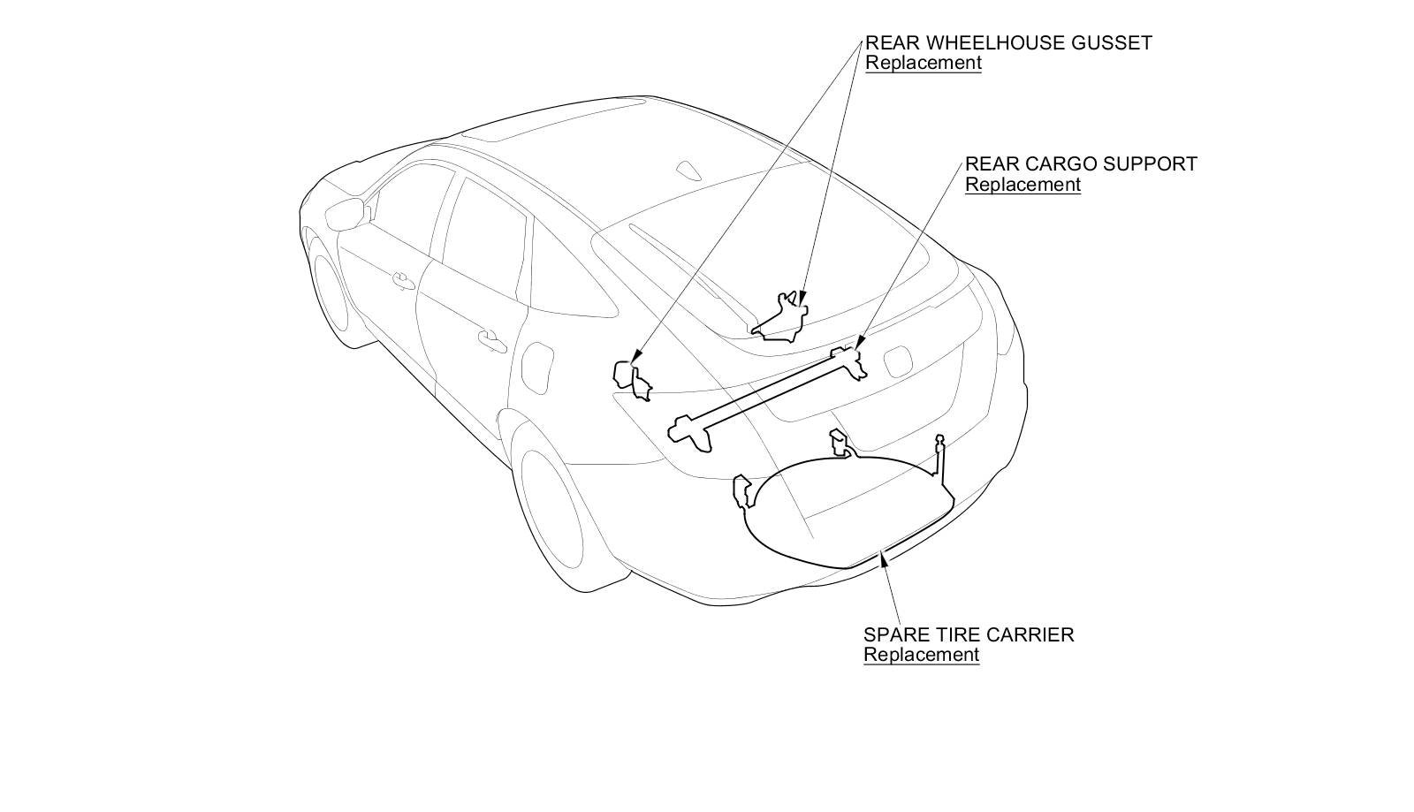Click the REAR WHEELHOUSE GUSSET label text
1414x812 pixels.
click(x=1007, y=42)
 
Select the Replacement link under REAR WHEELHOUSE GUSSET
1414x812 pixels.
click(x=923, y=63)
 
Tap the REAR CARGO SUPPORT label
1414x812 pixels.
click(x=1080, y=164)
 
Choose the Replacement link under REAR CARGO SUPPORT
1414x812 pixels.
click(x=1022, y=185)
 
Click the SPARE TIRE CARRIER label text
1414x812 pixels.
click(x=968, y=634)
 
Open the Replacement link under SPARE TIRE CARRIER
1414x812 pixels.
click(x=921, y=655)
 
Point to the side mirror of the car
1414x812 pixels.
click(x=347, y=213)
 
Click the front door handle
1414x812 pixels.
click(x=404, y=281)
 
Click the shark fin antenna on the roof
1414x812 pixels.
click(x=688, y=169)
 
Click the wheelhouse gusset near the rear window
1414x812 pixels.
click(x=781, y=320)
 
